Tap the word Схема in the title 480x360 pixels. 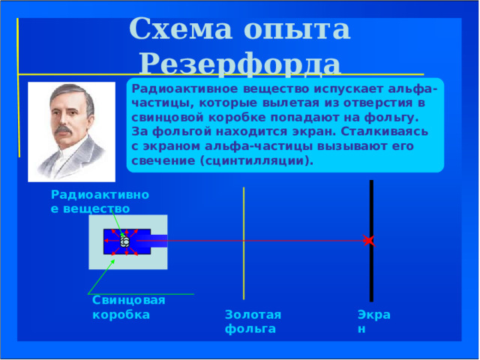click(x=181, y=28)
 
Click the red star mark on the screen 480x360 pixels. click(x=369, y=241)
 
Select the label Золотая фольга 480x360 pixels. click(x=253, y=322)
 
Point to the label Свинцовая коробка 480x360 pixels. click(x=128, y=307)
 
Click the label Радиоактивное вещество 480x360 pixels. click(x=100, y=202)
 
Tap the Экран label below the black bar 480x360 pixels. click(x=373, y=322)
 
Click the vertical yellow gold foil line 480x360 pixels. click(x=244, y=243)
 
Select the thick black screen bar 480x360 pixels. click(x=371, y=241)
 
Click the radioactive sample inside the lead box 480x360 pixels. click(x=125, y=241)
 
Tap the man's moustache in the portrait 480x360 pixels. click(x=64, y=129)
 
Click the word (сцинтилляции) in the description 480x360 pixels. click(x=256, y=160)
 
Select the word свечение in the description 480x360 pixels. click(x=163, y=160)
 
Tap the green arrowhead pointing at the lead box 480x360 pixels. click(x=113, y=262)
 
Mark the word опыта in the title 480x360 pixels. click(x=297, y=30)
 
